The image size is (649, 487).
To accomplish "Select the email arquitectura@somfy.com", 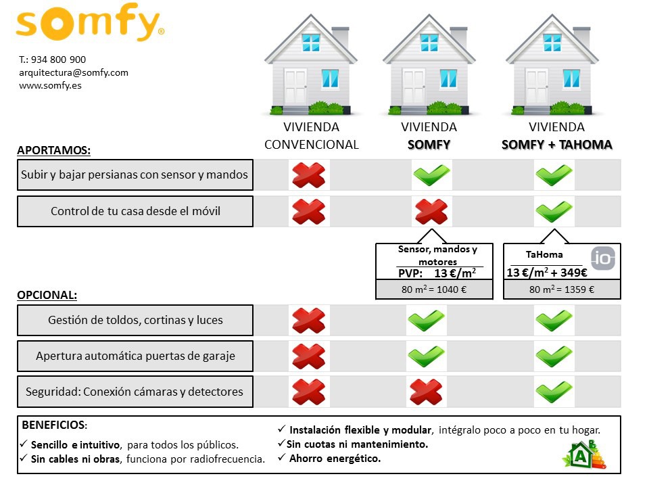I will click(x=74, y=72).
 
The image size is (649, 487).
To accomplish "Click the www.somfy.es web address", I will click(x=50, y=85).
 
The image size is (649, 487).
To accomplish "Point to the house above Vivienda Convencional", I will click(x=311, y=70).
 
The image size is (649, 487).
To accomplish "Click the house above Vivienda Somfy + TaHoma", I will click(x=552, y=70).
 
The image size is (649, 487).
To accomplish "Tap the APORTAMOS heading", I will click(x=53, y=150).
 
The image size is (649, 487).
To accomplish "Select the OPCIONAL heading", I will click(x=47, y=296).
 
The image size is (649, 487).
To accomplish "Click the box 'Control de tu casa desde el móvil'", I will click(x=135, y=211).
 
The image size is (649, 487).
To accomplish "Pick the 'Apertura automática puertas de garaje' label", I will click(x=135, y=356).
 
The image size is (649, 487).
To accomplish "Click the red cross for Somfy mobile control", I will click(x=431, y=212).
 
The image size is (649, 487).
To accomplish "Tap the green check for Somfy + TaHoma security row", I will click(x=554, y=392).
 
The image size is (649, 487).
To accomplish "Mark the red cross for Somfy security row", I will click(x=427, y=392).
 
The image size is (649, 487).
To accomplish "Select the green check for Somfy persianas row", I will click(x=431, y=175).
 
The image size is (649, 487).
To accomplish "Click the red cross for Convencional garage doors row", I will click(x=308, y=356).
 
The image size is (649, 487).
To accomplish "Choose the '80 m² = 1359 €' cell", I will click(x=562, y=289).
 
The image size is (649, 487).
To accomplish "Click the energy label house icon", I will click(x=584, y=455).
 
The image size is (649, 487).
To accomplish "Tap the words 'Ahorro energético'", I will click(x=335, y=459).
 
